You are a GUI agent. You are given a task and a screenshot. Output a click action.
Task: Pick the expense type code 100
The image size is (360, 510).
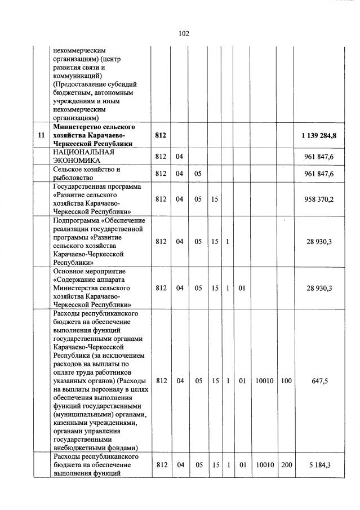pyautogui.click(x=286, y=381)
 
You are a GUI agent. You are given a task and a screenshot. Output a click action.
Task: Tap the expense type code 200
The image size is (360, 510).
pyautogui.click(x=286, y=465)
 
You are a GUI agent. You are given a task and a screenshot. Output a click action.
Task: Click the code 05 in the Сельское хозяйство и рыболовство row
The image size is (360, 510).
pyautogui.click(x=198, y=174)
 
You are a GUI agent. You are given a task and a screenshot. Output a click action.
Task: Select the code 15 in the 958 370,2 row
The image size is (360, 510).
pyautogui.click(x=215, y=199)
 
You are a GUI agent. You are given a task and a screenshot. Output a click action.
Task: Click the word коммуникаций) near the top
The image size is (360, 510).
pyautogui.click(x=77, y=74)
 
